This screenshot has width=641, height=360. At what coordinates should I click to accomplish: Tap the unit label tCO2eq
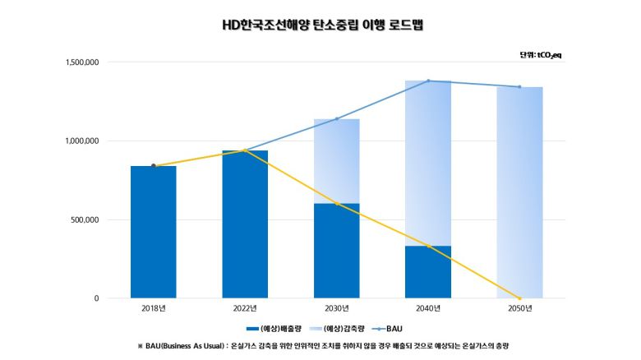tap(540, 55)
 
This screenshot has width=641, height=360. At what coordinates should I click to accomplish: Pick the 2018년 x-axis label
tap(153, 309)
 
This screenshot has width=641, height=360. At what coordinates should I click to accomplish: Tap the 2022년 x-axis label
tap(245, 309)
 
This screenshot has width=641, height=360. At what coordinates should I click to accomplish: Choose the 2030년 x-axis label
tap(337, 309)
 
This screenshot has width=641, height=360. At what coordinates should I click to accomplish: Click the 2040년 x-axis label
tap(428, 309)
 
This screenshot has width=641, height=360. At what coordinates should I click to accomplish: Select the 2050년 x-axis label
tap(519, 309)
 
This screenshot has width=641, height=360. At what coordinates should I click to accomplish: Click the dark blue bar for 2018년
tap(153, 233)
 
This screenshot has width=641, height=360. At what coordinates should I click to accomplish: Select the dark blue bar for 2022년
tap(245, 224)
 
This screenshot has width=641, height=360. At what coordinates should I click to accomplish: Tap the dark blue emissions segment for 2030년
tap(337, 251)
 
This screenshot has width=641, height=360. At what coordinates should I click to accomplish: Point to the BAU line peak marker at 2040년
tap(428, 81)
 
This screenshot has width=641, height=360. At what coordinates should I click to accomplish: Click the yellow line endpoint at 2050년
tap(519, 298)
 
